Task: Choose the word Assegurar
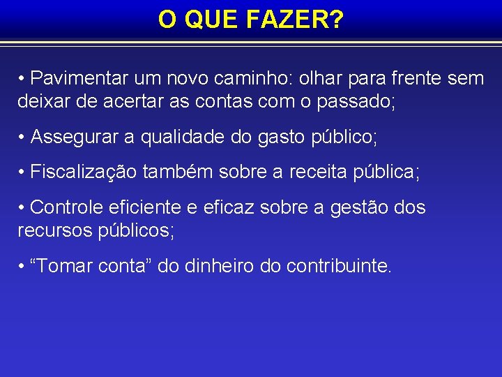[x=75, y=138]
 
